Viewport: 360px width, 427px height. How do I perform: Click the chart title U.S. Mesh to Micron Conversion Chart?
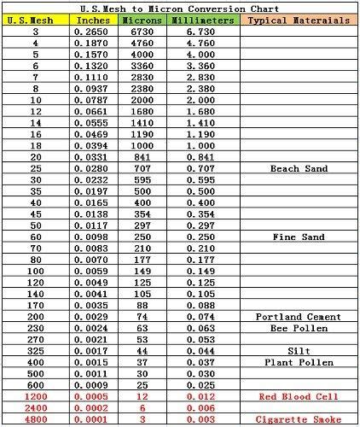point(180,7)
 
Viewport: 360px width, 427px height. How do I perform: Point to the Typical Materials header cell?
point(298,19)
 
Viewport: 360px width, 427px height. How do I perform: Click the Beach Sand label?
point(298,168)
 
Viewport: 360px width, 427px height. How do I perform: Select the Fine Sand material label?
point(298,237)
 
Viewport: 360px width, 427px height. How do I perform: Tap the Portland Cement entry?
point(298,317)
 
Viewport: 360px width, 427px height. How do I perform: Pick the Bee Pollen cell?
point(298,328)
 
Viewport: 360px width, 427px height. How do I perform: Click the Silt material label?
point(298,351)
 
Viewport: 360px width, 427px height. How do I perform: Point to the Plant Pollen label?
point(298,362)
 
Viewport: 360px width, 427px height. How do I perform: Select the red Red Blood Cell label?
point(298,397)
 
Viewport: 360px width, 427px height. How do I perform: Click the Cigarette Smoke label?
point(298,420)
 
